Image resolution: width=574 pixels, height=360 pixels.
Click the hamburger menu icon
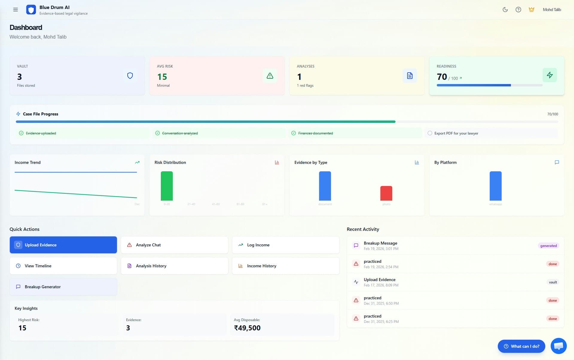[16, 10]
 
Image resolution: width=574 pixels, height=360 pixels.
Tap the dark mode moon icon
[505, 10]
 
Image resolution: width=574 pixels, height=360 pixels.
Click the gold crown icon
[531, 10]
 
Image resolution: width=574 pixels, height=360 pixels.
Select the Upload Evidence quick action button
[63, 245]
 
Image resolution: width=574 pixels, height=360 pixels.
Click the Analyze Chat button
[174, 245]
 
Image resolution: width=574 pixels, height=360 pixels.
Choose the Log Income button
[286, 245]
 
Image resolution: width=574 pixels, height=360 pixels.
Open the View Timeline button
[63, 266]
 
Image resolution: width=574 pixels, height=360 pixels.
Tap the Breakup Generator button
[63, 287]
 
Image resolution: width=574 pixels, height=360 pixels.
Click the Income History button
[286, 266]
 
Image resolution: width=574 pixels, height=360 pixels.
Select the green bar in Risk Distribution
[167, 186]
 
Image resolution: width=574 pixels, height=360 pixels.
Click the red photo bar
[386, 193]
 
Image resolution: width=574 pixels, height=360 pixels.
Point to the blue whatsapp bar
[495, 186]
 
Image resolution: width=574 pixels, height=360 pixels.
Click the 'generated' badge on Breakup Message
[548, 246]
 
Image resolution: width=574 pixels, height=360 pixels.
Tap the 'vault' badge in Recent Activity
[553, 282]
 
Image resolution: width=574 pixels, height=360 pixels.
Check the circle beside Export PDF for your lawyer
[430, 133]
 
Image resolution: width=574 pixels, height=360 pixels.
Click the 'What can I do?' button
[521, 346]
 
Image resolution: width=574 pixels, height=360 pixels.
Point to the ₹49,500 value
[247, 328]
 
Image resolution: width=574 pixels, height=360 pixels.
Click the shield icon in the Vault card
[130, 76]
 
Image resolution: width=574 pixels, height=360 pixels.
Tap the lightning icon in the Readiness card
[549, 75]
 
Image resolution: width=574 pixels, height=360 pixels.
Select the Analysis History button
[174, 266]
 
